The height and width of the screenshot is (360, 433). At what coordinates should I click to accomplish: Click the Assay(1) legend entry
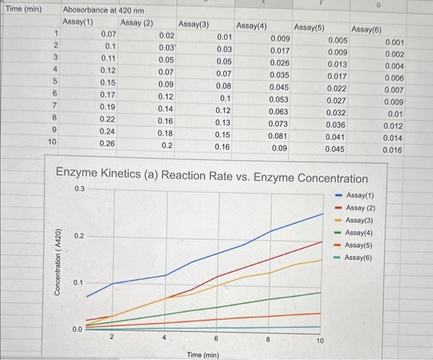click(x=361, y=195)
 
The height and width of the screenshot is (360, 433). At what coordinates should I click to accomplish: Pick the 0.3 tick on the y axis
click(x=79, y=189)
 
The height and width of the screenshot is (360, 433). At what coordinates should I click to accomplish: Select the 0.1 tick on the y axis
click(x=79, y=283)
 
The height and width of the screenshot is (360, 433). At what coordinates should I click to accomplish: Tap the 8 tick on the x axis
click(x=268, y=339)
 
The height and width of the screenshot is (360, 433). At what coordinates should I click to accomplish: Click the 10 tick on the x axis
click(x=320, y=340)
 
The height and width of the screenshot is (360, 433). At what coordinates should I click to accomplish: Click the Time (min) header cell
click(x=23, y=10)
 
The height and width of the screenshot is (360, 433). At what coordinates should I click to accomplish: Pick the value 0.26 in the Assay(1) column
click(x=108, y=143)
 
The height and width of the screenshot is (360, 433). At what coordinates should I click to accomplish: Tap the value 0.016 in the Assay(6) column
click(x=392, y=150)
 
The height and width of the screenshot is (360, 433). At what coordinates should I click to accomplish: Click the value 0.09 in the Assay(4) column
click(x=279, y=148)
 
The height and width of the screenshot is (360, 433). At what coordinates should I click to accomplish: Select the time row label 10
click(x=53, y=142)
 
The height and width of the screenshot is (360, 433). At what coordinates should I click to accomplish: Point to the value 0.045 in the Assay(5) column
click(x=335, y=149)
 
